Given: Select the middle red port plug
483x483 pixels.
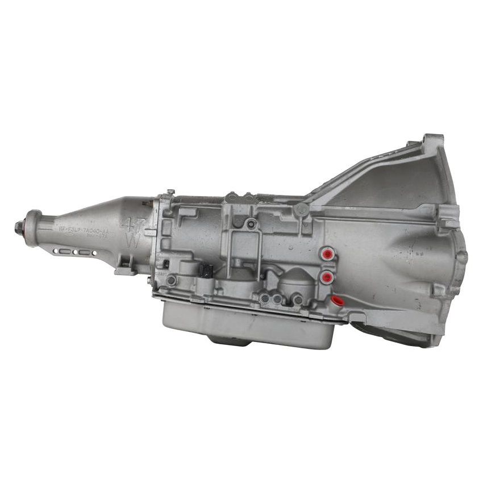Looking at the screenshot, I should tap(327, 277).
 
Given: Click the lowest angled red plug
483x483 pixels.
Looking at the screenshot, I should tap(336, 300).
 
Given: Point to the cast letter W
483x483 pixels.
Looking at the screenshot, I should tap(133, 240).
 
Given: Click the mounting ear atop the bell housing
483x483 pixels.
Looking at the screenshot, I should tap(433, 142).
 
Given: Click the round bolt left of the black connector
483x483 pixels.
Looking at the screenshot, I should tap(172, 280).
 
